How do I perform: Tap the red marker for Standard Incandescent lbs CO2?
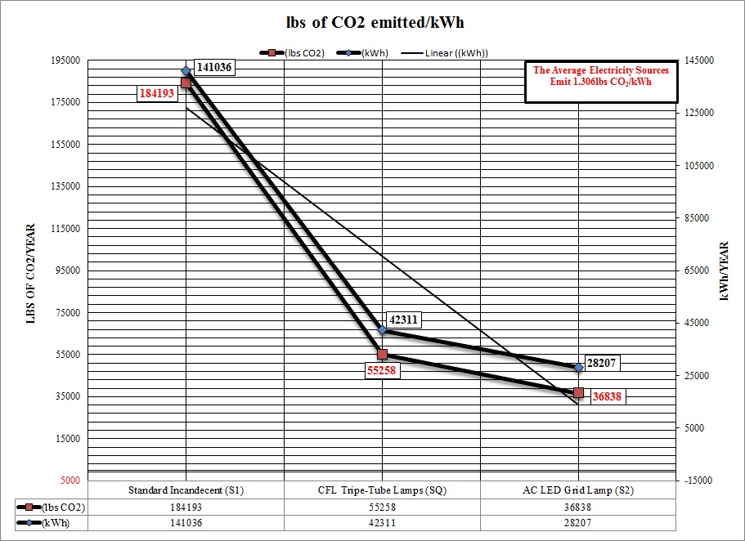186,83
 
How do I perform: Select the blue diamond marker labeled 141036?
186,71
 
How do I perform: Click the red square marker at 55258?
382,354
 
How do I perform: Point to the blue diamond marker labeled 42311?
382,330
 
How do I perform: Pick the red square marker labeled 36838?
578,393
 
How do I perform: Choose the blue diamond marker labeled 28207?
578,368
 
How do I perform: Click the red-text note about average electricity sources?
600,76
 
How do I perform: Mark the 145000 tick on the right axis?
699,60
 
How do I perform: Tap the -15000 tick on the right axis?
699,481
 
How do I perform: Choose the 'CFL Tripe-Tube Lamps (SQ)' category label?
382,490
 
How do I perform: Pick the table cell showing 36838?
578,507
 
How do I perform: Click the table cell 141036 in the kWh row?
186,523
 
